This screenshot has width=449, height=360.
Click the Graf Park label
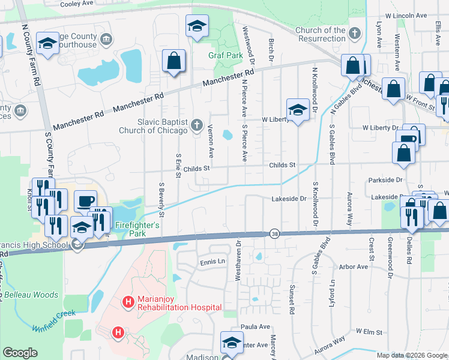click(x=225, y=56)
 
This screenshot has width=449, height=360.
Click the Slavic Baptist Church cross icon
click(x=196, y=125)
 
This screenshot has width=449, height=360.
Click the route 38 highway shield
click(x=274, y=233)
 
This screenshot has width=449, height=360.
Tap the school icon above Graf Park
click(x=196, y=27)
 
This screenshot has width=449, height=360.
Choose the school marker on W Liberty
click(x=297, y=110)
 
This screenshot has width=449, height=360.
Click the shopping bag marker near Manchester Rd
click(x=173, y=62)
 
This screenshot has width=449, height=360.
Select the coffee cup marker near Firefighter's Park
click(x=85, y=201)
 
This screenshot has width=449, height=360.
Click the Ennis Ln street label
click(x=212, y=261)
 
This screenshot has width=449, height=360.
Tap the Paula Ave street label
click(x=256, y=326)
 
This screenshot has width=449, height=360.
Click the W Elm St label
click(x=369, y=331)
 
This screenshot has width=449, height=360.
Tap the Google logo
click(x=20, y=353)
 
